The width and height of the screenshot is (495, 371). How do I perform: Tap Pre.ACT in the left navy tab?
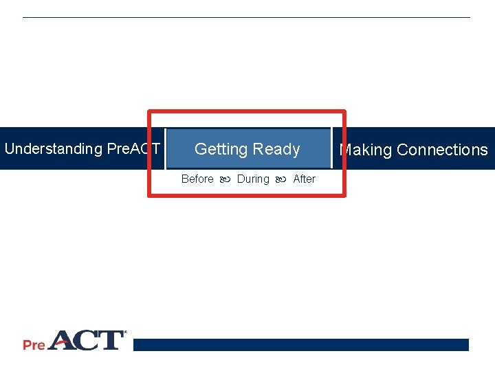[x=133, y=149]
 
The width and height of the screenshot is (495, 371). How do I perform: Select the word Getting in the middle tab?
[x=221, y=149]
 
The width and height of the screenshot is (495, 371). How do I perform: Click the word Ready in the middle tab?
[x=276, y=149]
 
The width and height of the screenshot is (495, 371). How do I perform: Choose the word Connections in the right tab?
[x=442, y=150]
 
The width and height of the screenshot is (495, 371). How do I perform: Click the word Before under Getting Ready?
[x=197, y=179]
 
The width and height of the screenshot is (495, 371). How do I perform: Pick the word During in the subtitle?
[x=253, y=179]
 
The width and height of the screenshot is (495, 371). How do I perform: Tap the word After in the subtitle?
[x=304, y=179]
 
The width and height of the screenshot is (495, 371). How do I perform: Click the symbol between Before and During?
[x=225, y=179]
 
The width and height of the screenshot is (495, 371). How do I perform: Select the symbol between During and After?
[x=281, y=179]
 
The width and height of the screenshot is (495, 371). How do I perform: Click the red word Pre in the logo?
[x=34, y=344]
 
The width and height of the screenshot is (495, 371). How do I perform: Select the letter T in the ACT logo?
[x=110, y=340]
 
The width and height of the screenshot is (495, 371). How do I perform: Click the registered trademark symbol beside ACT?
[x=124, y=333]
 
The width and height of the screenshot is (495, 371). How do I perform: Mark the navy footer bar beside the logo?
[x=300, y=344]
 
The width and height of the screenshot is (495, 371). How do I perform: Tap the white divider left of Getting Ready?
[x=165, y=148]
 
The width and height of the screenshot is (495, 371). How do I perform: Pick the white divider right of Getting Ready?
[x=331, y=148]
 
